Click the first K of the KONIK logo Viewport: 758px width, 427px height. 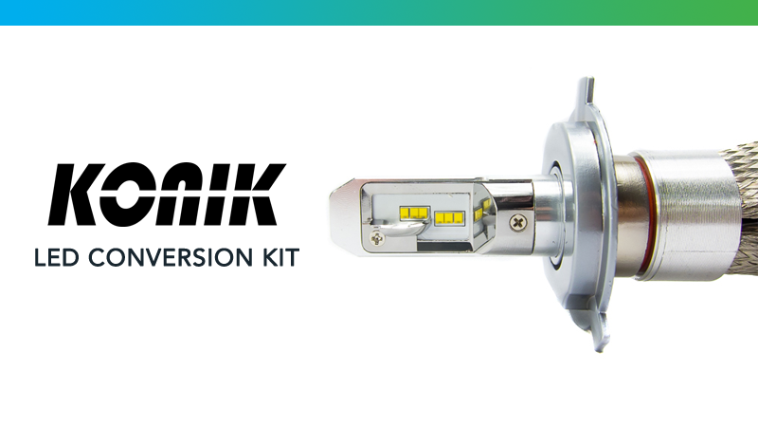[78, 195]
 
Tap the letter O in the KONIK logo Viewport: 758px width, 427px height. [134, 195]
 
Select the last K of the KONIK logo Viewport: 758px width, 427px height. [254, 195]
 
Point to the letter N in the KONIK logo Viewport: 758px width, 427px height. [185, 195]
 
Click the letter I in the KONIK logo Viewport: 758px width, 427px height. [218, 195]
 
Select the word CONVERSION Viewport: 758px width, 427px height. [171, 257]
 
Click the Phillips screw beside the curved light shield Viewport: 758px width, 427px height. [376, 238]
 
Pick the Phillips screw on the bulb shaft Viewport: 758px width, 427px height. [518, 223]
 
